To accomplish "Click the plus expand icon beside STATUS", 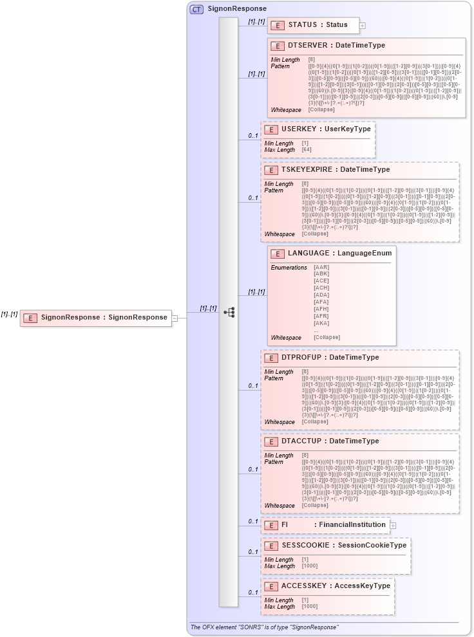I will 363,26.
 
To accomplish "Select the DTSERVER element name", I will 308,46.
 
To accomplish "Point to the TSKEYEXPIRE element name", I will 308,170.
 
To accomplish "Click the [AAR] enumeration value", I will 321,267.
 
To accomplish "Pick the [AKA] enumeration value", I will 321,323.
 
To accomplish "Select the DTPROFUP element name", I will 303,358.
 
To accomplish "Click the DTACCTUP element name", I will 303,441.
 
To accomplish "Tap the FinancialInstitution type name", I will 350,525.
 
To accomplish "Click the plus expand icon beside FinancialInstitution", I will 393,526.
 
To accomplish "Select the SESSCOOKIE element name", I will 305,546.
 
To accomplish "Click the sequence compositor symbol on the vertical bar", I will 229,312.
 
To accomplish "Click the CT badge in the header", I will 196,9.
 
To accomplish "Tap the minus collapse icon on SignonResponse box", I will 175,317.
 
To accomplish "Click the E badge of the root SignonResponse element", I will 30,317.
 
